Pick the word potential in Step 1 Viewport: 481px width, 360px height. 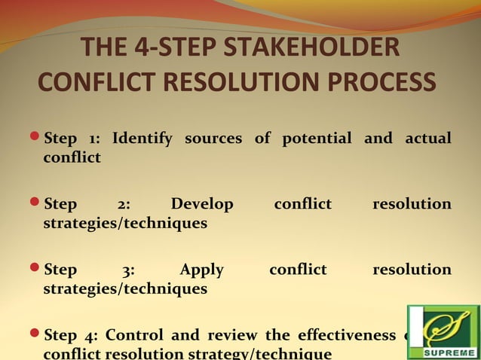pos(317,139)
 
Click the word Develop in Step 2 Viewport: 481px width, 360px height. pos(202,204)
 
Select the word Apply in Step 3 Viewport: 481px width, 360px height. pos(202,270)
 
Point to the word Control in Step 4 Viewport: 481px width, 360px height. pos(135,335)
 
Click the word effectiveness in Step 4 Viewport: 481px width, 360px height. pos(347,335)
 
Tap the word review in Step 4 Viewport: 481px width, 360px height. pos(226,335)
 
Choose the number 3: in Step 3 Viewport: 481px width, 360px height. pos(128,270)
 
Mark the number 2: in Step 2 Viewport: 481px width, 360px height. pos(124,204)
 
